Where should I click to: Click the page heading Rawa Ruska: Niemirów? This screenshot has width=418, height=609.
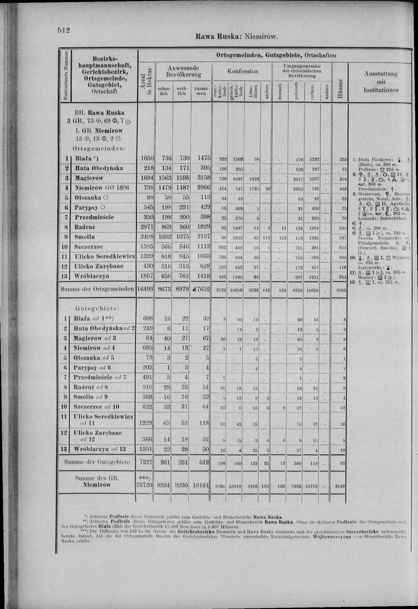pos(237,36)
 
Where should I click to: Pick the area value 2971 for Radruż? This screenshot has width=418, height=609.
pos(147,227)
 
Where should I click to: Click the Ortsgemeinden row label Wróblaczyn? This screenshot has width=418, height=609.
pos(92,276)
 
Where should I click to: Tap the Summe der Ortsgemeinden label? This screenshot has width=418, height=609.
pos(97,289)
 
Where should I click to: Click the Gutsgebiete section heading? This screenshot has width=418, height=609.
pos(97,309)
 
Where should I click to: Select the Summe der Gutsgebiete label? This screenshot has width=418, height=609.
pos(97,462)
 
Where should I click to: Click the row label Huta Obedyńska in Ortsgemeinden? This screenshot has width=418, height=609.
pos(99,168)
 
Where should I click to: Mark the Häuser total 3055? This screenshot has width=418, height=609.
pos(341,290)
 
